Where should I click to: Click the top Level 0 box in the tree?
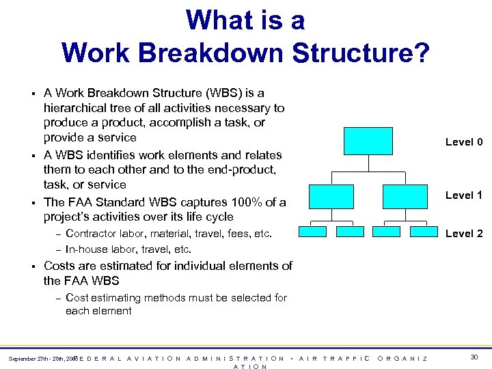pyautogui.click(x=368, y=141)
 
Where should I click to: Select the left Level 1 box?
pyautogui.click(x=331, y=196)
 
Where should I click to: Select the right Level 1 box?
pyautogui.click(x=405, y=196)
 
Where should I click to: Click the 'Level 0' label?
pyautogui.click(x=464, y=142)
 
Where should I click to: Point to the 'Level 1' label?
pyautogui.click(x=464, y=195)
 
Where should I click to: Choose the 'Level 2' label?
pyautogui.click(x=464, y=234)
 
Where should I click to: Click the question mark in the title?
pyautogui.click(x=422, y=52)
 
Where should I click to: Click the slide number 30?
pyautogui.click(x=474, y=357)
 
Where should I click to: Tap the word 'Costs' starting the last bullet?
pyautogui.click(x=59, y=266)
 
